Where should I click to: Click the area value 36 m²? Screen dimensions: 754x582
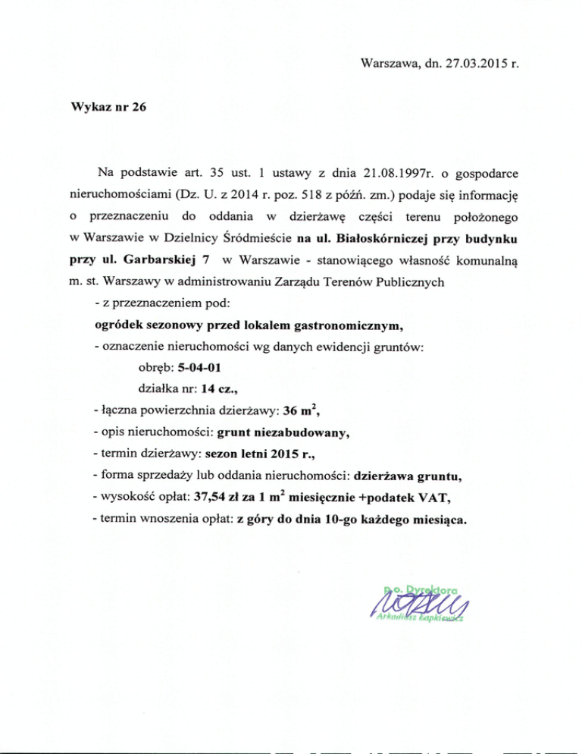tap(300, 413)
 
